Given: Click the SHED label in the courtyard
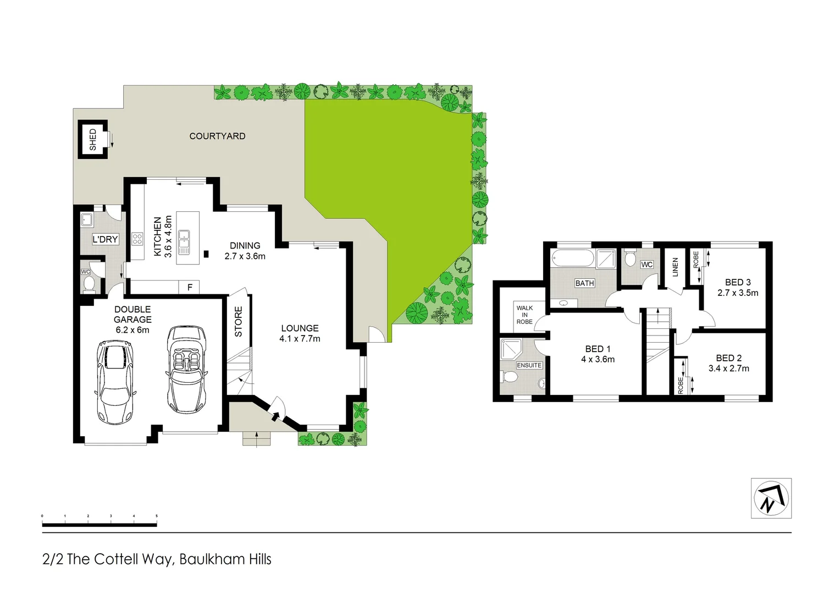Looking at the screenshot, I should coord(92,139).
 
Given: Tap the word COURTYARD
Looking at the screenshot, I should coord(217,136).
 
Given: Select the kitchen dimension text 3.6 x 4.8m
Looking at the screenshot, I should coord(168,237).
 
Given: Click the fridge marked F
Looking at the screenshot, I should coord(190,287).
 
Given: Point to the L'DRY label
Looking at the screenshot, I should coord(105,239).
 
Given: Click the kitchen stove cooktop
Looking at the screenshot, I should coord(137,239).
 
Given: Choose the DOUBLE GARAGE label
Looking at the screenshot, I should coord(132,314).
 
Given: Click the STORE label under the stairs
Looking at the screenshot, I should coord(239,322).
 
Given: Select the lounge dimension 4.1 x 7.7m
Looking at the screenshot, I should coord(300,339).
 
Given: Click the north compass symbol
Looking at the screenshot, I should coord(771,498).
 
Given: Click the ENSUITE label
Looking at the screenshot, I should coord(529,365).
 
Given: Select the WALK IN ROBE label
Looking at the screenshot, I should coord(524,315).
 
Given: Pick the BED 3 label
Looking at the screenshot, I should coord(737,282).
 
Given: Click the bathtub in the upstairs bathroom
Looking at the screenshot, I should coord(572,258).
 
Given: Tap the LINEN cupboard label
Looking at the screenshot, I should coord(675,267).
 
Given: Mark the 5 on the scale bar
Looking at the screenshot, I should coord(157,516).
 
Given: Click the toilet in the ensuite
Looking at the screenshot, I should coord(510,377).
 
